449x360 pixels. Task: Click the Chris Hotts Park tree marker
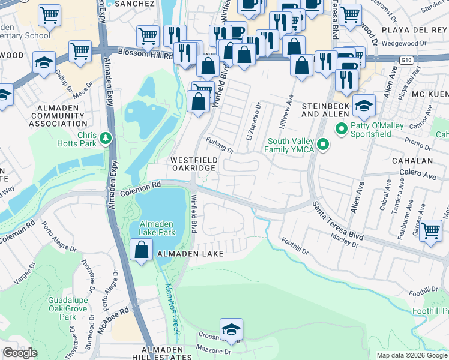(106, 139)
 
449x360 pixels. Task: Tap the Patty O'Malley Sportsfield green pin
(342, 128)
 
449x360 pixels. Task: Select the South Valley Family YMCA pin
(323, 145)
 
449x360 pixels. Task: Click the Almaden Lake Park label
(157, 227)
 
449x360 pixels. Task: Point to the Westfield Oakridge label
(193, 164)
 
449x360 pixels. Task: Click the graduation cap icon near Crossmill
(231, 329)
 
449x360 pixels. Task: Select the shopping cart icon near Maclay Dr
(432, 231)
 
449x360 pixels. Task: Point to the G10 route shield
(408, 59)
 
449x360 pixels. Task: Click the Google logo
(20, 353)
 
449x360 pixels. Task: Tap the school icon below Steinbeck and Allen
(363, 106)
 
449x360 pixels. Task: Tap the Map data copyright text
(411, 355)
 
